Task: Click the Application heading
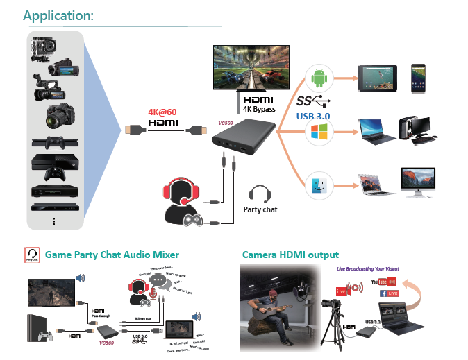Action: click(x=58, y=15)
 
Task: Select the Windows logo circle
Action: click(x=320, y=130)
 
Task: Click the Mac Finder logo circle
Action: click(x=320, y=185)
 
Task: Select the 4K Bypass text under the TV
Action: click(x=260, y=110)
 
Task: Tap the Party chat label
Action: click(x=260, y=209)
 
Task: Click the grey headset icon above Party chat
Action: click(x=260, y=193)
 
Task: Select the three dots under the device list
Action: click(x=53, y=221)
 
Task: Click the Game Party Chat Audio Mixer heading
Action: click(x=112, y=255)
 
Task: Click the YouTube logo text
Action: click(x=379, y=281)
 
